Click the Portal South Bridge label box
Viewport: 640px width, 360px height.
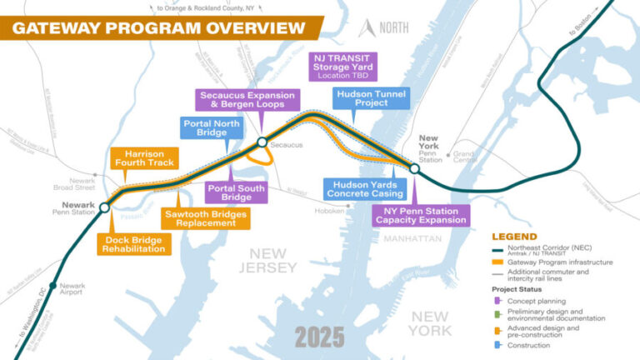click(x=235, y=192)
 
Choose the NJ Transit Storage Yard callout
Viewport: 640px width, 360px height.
click(x=343, y=66)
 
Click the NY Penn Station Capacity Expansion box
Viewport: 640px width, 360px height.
click(x=420, y=214)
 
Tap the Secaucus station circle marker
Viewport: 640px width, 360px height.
click(x=262, y=142)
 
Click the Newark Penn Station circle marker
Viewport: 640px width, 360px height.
click(x=104, y=207)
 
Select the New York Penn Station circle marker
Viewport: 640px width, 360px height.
click(x=414, y=169)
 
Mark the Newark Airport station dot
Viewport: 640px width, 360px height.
click(x=52, y=286)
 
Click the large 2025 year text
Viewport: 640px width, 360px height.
click(x=319, y=336)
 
